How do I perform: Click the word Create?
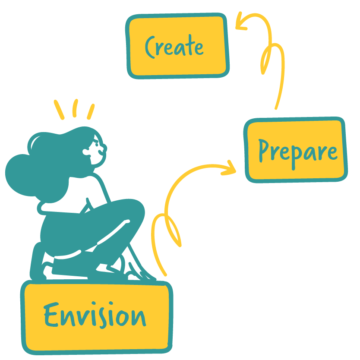(174, 47)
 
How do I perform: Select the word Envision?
(95, 316)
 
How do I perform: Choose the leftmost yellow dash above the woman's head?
(59, 110)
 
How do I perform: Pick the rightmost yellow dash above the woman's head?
(91, 111)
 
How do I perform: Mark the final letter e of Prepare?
(331, 152)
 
